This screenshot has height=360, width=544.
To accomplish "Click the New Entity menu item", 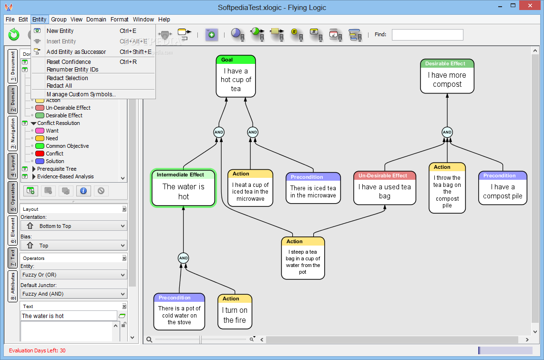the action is coord(60,31).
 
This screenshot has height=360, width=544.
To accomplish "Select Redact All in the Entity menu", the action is coord(59,86).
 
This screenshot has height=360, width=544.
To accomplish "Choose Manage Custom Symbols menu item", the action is coord(81,94).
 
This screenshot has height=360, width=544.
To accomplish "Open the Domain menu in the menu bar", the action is coord(96,20).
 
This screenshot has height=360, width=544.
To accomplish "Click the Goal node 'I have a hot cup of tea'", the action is coord(236,76).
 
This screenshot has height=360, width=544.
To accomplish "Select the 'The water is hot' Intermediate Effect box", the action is coord(184,188).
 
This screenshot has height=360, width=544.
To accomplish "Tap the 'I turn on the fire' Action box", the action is coord(235,311).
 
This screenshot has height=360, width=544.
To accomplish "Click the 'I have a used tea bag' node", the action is coord(384,188).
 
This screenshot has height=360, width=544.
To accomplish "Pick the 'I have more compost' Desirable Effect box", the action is coord(447,76).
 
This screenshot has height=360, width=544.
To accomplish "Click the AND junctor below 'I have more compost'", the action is coord(447,132).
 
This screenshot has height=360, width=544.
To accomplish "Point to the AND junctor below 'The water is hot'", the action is coord(184,258).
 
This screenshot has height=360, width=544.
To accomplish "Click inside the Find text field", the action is coord(427,35).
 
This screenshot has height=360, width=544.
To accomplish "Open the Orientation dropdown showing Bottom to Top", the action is coord(73,226).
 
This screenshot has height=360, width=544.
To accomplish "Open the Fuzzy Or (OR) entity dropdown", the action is coord(73,275).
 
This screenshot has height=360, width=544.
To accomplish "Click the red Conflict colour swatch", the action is coord(40,154).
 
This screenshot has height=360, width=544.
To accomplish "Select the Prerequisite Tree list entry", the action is coord(57,169).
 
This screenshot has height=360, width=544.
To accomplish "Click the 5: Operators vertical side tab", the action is coord(13,197).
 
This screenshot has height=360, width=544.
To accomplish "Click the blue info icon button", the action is coord(83,191).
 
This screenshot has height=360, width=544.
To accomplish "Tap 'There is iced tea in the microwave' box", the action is coord(313,188).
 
